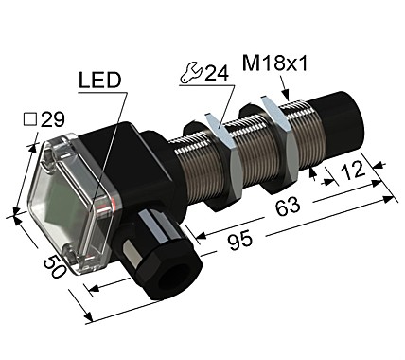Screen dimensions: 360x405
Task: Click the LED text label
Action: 99,81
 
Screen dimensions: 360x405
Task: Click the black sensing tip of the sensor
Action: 345,124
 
